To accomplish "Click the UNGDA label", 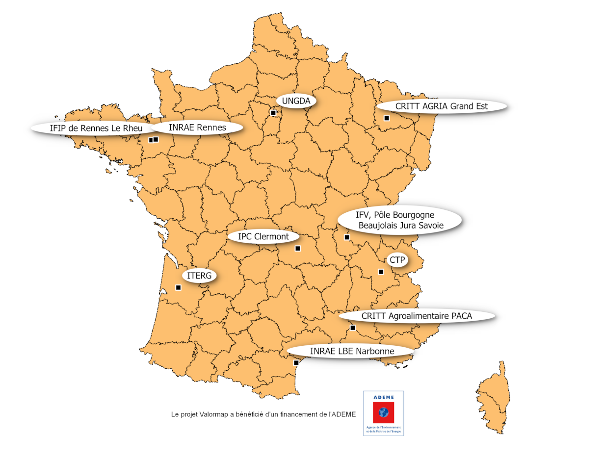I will click(296, 101).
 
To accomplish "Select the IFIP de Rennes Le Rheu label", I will click(96, 128).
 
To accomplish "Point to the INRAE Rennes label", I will click(197, 127).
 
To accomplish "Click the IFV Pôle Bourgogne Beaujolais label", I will click(400, 220).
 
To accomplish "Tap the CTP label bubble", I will click(397, 260).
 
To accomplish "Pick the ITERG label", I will click(199, 276).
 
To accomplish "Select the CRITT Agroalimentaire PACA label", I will click(417, 316).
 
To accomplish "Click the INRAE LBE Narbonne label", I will click(349, 351).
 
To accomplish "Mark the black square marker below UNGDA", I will click(273, 113).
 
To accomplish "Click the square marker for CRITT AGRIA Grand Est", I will click(387, 118).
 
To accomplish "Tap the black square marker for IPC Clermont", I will click(297, 249).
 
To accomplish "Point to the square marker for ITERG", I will click(178, 287).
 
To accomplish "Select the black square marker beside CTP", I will click(381, 272).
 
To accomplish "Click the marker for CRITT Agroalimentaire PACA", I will click(352, 328).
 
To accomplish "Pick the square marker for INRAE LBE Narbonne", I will click(296, 363).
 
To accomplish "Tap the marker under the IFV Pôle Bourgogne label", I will click(347, 237).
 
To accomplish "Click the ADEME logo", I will click(383, 413).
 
